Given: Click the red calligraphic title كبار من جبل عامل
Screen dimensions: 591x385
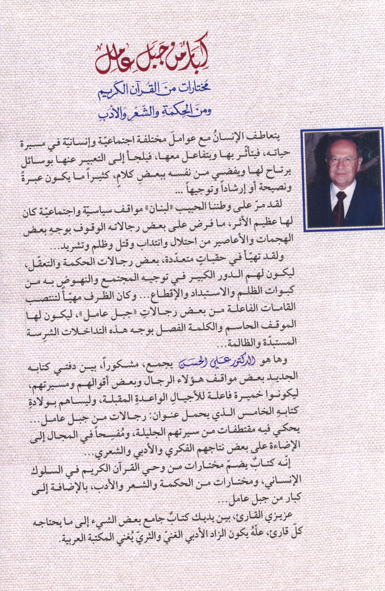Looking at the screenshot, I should (153, 60).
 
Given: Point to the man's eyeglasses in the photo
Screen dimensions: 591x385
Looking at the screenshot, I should (343, 160).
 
